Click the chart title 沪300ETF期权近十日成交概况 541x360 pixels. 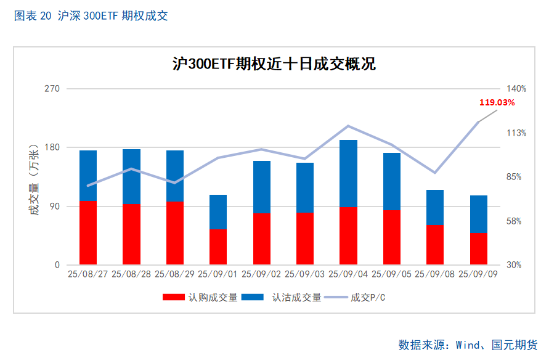[274, 63]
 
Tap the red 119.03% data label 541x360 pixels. [497, 102]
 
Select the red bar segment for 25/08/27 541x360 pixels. [88, 232]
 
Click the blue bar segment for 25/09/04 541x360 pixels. [349, 173]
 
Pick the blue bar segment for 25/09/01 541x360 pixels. [218, 211]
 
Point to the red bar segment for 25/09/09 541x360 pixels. [479, 248]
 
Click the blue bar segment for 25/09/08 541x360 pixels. [435, 207]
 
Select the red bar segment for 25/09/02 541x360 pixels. [262, 239]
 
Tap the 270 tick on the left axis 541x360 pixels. [53, 89]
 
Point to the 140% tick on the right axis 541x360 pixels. [516, 89]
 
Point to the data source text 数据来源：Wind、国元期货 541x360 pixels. [468, 344]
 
